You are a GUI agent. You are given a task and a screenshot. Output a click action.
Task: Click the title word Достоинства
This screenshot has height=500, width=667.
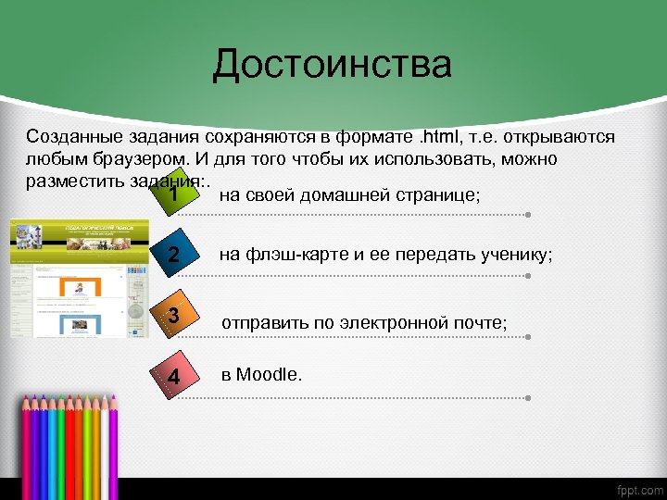click(x=332, y=65)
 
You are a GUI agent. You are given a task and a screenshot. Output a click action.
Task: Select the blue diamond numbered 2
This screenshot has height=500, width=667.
click(x=173, y=256)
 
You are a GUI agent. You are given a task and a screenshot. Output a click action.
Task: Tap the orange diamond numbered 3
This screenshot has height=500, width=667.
click(x=173, y=317)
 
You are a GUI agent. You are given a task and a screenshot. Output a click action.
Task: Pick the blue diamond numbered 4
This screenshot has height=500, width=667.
click(x=173, y=376)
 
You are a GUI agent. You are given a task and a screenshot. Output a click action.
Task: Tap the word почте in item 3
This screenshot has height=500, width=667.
click(x=481, y=323)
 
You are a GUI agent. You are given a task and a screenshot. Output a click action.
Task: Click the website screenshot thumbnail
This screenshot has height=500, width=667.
click(x=66, y=278)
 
